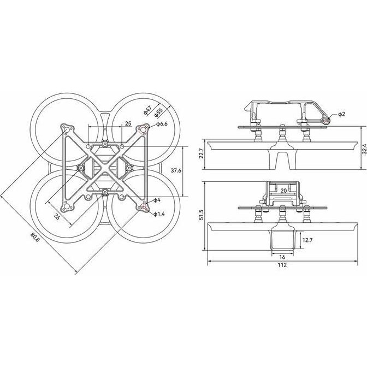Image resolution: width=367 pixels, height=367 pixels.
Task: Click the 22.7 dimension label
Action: point(202,153)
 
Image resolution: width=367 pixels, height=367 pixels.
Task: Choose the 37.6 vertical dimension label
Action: point(175,170)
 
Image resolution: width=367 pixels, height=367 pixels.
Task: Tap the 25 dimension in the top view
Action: point(128,123)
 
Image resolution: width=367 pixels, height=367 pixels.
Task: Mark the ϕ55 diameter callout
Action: point(158,113)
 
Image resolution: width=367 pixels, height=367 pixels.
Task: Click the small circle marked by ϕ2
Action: point(326,120)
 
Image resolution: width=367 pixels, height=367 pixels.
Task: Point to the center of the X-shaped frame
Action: point(104,168)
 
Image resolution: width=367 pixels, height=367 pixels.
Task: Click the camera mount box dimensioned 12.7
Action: point(282,239)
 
